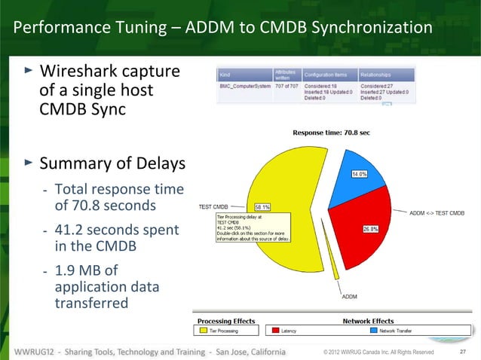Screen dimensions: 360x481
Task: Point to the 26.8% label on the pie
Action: point(371,229)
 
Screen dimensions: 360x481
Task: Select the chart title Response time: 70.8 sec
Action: point(331,133)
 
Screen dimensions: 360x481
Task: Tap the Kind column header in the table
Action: point(225,75)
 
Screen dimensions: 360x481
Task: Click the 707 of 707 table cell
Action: point(286,88)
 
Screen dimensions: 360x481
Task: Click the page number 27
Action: point(463,352)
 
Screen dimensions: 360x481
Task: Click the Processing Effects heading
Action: point(226,320)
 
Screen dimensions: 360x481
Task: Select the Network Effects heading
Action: point(372,320)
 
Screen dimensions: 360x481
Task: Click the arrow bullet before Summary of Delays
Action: point(29,161)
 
